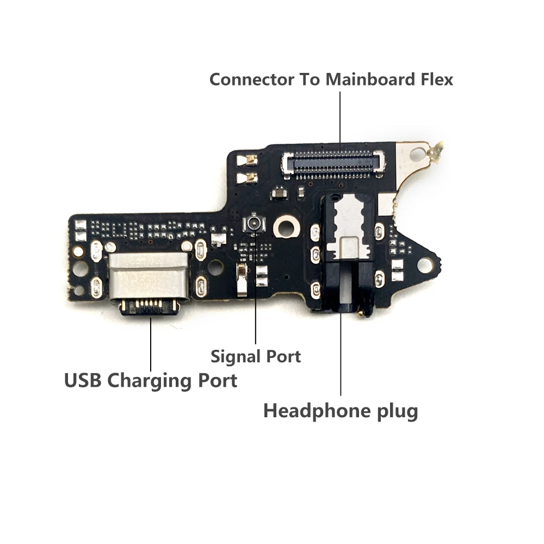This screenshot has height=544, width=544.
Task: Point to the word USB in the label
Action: (83, 380)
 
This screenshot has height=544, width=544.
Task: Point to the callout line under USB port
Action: (151, 343)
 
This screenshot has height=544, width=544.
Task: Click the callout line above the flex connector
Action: (340, 120)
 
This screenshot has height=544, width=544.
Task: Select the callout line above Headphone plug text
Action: (341, 354)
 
